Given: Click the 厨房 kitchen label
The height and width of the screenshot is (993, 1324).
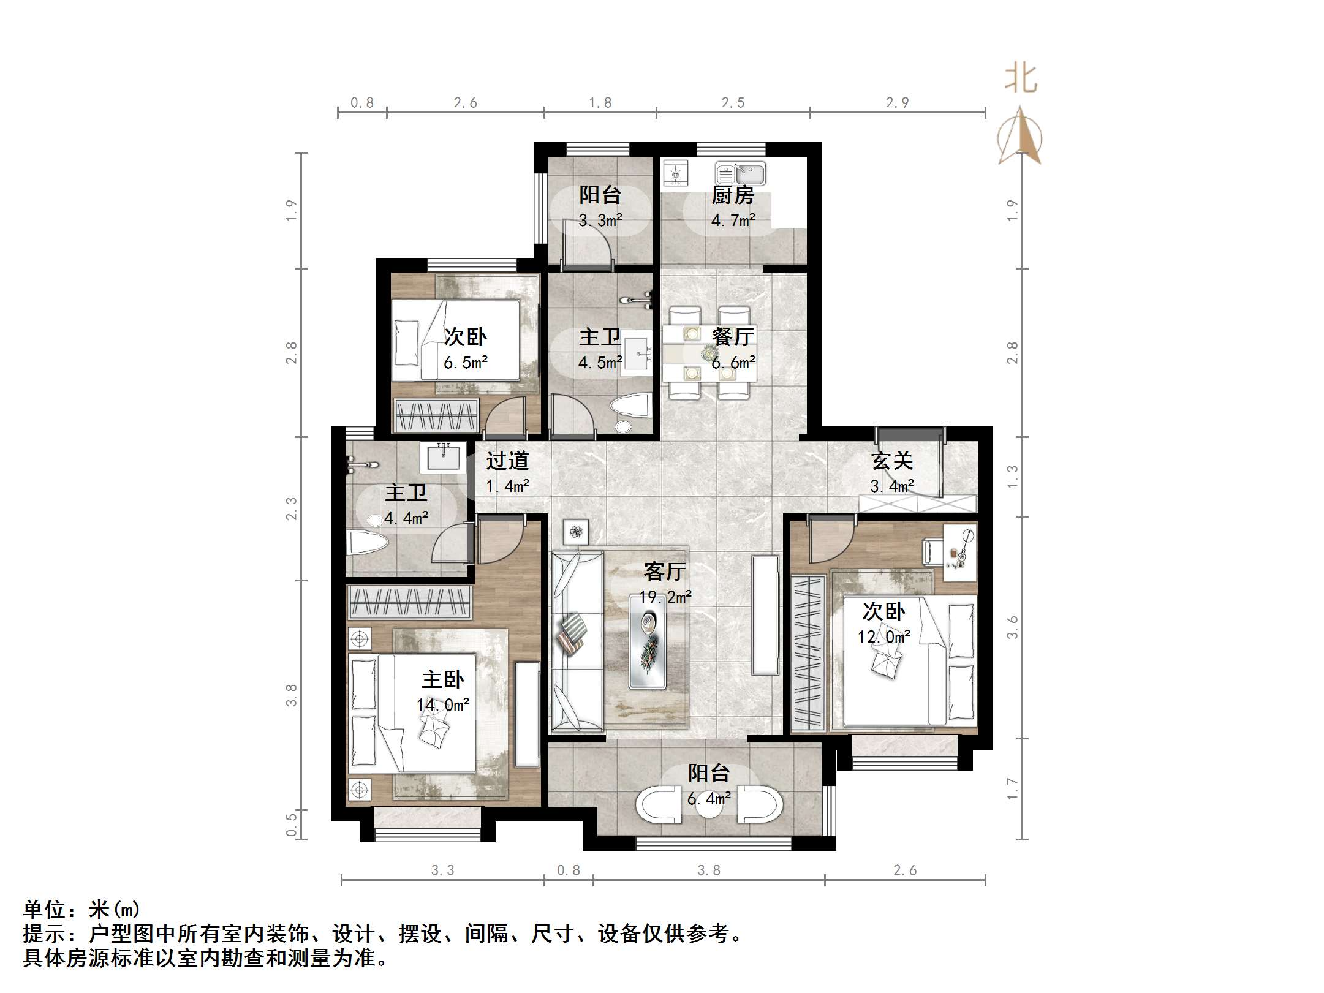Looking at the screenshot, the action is coord(733,195).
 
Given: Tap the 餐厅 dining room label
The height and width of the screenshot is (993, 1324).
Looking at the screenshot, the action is coord(733,336).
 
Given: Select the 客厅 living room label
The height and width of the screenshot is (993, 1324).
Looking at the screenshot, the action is coord(665,572).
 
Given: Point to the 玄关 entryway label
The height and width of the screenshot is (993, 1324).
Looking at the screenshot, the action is coord(892,461).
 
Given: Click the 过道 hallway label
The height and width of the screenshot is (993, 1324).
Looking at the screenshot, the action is coord(507,461).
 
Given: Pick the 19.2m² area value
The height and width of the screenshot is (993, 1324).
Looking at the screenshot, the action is coord(665,597).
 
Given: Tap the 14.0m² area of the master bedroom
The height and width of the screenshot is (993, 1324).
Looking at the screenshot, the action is coord(443,705).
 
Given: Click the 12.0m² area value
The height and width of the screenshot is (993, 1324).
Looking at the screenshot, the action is coord(883,637).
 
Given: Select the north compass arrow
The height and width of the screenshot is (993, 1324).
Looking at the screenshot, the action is coord(1019,135).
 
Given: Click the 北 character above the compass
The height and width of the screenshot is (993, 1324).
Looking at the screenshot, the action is coord(1021,78).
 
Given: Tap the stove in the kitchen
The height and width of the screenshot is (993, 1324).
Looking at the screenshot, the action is coord(676,173).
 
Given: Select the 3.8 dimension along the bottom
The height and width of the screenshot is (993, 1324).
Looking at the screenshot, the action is coord(709,870).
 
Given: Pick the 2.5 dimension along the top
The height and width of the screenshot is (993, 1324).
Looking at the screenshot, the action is coord(733,103).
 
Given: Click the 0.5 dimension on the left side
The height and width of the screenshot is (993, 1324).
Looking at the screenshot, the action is coord(292,823).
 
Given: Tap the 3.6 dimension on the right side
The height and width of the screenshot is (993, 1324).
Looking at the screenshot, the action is coord(1012,627).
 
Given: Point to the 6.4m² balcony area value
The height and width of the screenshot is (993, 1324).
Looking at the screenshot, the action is coord(709,799).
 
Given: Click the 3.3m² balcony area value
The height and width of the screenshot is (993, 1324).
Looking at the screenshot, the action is coord(600,221).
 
